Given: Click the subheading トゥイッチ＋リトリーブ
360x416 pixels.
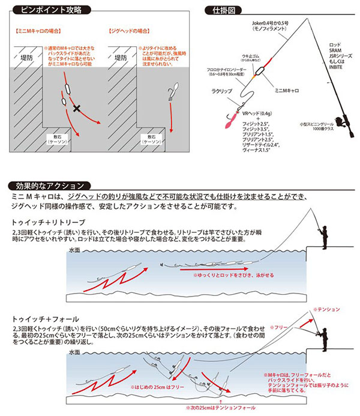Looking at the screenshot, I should (39, 222).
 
